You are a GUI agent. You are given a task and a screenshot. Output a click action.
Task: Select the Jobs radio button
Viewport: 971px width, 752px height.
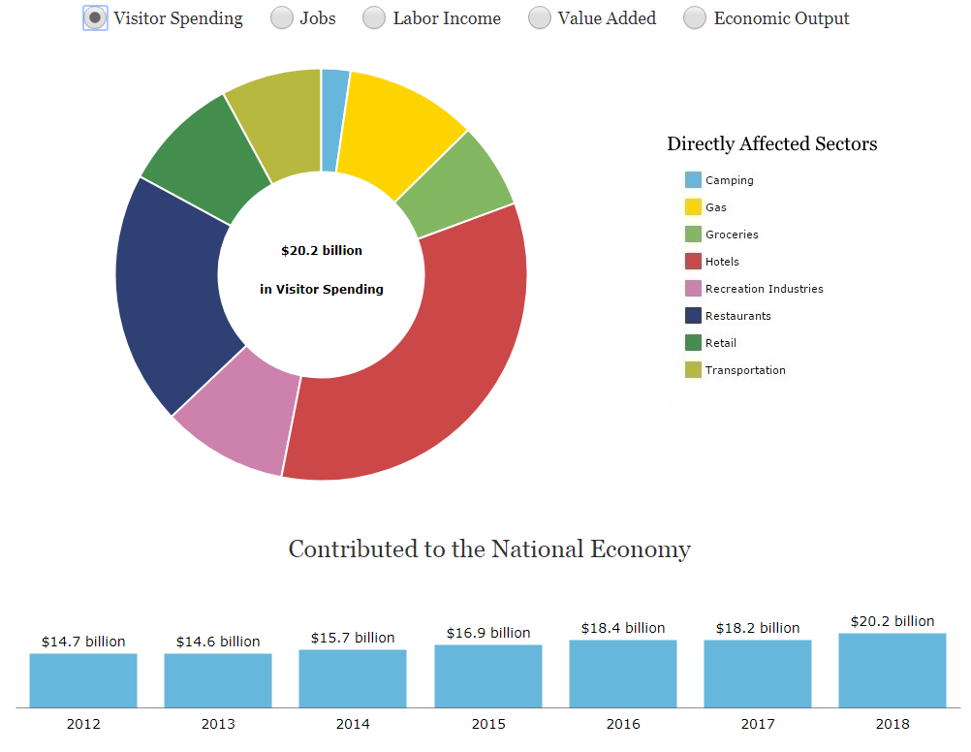(281, 18)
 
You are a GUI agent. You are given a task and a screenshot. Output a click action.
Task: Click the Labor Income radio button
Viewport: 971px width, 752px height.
(374, 18)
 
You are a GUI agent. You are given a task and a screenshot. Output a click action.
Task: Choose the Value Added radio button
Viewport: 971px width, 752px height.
(540, 18)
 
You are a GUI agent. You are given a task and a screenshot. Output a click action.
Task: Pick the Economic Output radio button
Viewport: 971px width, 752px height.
(695, 18)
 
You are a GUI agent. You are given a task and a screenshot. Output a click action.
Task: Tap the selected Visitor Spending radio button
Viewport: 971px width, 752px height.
(95, 18)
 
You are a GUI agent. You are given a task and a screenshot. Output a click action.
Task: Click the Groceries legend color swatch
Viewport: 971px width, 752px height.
(693, 235)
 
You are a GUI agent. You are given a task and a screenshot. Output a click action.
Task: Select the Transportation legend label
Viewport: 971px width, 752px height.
(745, 370)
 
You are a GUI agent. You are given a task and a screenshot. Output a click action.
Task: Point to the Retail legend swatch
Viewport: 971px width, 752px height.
(693, 343)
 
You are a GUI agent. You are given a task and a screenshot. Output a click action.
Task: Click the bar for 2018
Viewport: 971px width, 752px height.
(892, 671)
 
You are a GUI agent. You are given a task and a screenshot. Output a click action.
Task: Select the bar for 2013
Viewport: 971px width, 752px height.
(217, 680)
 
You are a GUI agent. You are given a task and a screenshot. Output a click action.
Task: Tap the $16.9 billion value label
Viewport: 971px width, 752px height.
(488, 633)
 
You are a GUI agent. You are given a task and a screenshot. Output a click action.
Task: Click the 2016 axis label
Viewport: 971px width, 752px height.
(623, 724)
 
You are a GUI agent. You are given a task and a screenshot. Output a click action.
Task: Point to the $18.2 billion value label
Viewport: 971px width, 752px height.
(758, 628)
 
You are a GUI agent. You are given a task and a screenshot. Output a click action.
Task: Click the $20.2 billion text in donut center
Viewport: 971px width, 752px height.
(322, 251)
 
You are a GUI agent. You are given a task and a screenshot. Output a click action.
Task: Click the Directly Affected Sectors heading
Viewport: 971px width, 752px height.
(771, 144)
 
